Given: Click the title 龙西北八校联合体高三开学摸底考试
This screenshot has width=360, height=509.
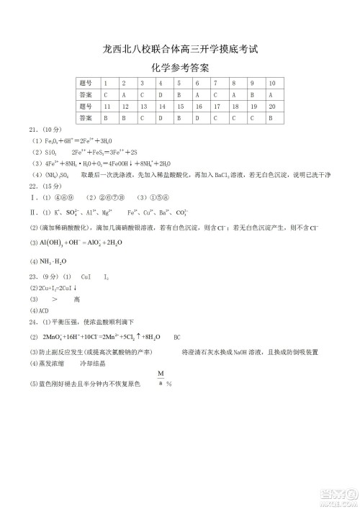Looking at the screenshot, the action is pyautogui.click(x=180, y=50).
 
